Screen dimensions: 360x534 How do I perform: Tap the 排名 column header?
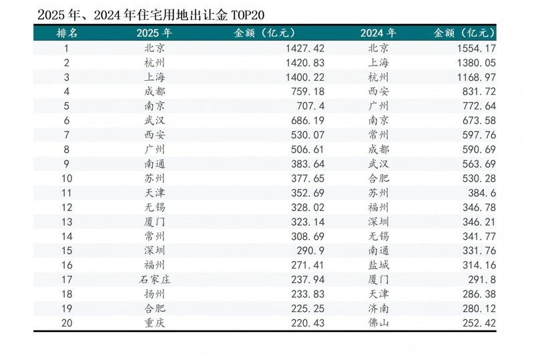(66, 33)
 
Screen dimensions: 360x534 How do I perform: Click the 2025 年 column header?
(154, 33)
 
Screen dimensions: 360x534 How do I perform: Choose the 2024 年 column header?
(378, 33)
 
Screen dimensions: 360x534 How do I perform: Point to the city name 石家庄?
(154, 279)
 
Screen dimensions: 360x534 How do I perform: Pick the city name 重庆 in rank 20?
(154, 323)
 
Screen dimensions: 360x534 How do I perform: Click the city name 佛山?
(378, 323)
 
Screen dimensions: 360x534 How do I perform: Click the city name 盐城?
(378, 265)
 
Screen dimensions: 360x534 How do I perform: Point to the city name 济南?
(378, 308)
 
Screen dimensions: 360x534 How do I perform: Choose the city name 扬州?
(154, 294)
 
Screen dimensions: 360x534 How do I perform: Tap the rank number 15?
(66, 250)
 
